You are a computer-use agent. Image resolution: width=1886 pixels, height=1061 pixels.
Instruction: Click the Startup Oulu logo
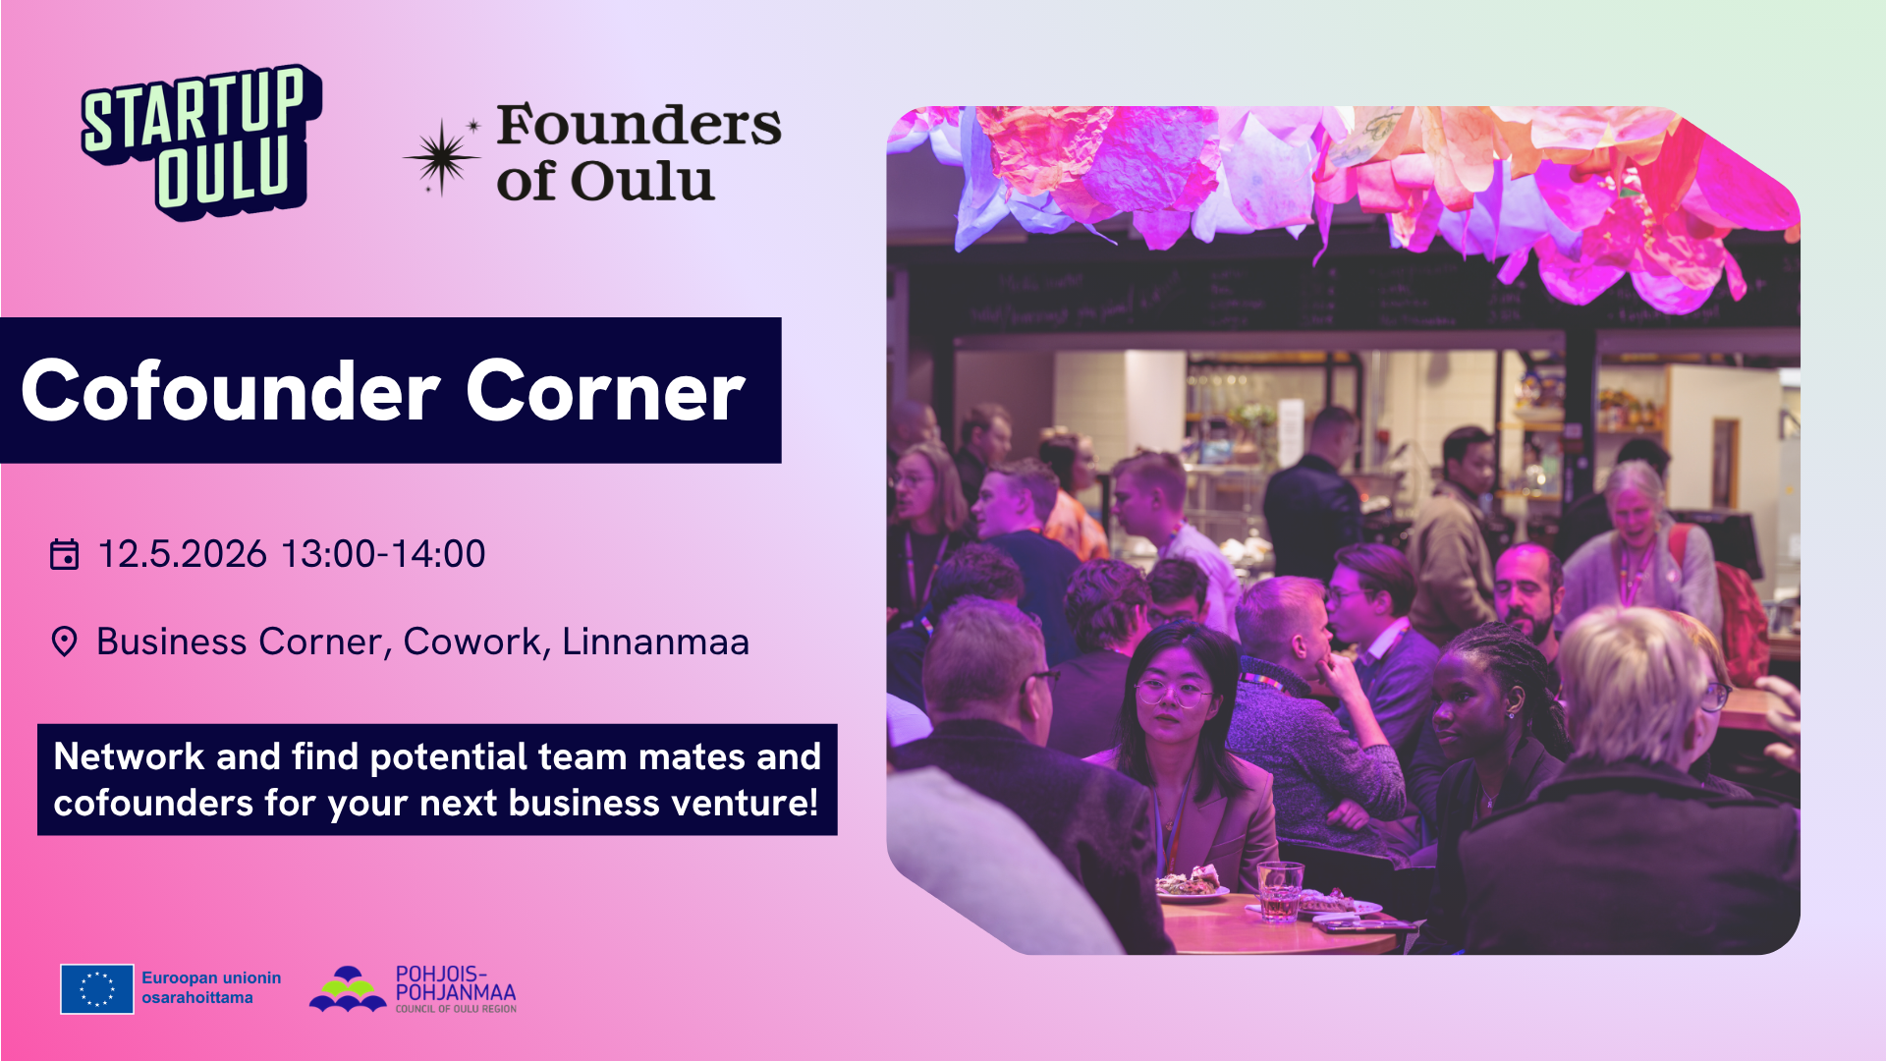(x=201, y=142)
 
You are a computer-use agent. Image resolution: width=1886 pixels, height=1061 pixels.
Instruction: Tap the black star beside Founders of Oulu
(x=441, y=157)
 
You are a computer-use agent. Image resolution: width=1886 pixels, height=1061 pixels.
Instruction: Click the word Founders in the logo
(x=638, y=126)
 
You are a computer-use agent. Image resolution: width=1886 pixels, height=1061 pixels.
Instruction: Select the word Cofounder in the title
(x=231, y=391)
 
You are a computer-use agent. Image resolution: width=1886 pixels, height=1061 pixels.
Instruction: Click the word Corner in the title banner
(x=605, y=391)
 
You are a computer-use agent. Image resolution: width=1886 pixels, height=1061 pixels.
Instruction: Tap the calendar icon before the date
(x=64, y=554)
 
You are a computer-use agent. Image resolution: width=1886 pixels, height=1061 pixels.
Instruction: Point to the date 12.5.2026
(x=183, y=554)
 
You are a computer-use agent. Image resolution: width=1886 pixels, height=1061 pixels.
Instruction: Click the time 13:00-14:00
(x=383, y=554)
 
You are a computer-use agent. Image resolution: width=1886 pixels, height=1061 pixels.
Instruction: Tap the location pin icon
(x=64, y=642)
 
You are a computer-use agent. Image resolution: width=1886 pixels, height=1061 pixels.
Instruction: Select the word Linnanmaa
(x=655, y=642)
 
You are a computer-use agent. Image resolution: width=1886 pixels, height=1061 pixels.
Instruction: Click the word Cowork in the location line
(x=471, y=642)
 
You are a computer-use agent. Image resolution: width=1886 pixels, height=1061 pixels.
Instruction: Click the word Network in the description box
(x=129, y=756)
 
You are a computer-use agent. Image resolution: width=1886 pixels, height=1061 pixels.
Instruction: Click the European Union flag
(x=96, y=988)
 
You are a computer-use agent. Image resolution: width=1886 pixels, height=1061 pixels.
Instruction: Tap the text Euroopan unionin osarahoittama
(x=210, y=987)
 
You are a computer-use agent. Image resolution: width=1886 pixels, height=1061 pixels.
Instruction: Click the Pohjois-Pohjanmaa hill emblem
(x=348, y=988)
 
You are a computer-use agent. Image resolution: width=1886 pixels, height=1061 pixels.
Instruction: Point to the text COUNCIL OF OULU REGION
(x=456, y=1009)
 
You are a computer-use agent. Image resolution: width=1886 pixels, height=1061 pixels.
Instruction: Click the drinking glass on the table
(x=1280, y=890)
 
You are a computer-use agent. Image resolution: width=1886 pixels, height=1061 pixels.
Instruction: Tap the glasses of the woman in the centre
(x=1175, y=694)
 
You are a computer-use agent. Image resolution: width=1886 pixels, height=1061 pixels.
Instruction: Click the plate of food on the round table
(x=1192, y=882)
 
